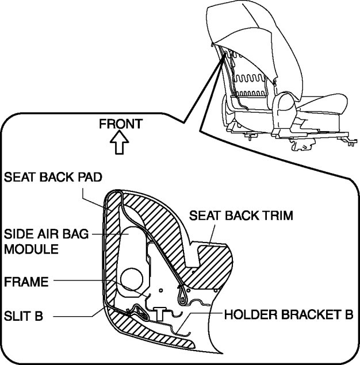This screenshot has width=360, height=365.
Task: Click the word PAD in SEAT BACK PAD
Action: [95, 177]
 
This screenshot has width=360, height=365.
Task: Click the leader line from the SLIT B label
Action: [72, 316]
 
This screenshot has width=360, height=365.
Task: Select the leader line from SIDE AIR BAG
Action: [109, 235]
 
